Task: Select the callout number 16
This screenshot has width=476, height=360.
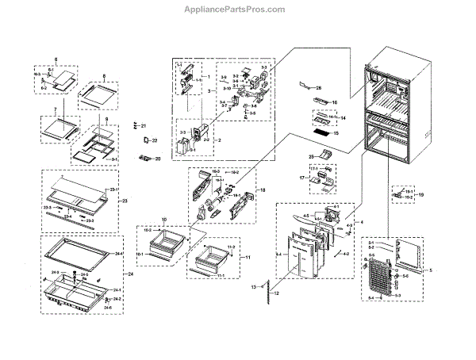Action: click(335, 103)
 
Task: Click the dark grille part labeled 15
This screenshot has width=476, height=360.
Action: click(323, 134)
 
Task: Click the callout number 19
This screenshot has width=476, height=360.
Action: click(420, 194)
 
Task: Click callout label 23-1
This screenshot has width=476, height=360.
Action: click(113, 190)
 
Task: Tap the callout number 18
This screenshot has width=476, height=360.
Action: click(262, 191)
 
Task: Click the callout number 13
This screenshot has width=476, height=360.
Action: click(253, 285)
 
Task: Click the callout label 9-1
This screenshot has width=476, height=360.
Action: click(113, 159)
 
